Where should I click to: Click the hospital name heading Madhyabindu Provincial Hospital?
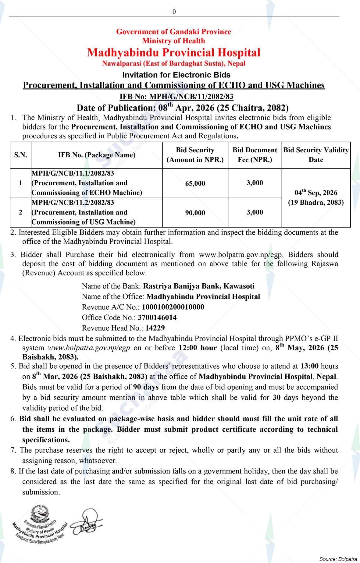[x=174, y=52]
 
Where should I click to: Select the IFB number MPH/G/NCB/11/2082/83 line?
[x=176, y=97]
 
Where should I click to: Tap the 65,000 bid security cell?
[x=195, y=184]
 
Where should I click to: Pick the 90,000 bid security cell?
[x=195, y=213]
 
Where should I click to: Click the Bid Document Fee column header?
[x=255, y=155]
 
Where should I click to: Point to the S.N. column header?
[x=20, y=155]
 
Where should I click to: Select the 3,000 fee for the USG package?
[x=255, y=212]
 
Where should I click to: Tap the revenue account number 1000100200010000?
[x=173, y=307]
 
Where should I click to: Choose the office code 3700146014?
[x=157, y=317]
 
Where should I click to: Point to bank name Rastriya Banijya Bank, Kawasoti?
[x=199, y=286]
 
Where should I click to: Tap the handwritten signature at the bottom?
[x=87, y=524]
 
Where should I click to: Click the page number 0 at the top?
[x=174, y=12]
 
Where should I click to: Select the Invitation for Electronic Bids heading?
[x=176, y=75]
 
